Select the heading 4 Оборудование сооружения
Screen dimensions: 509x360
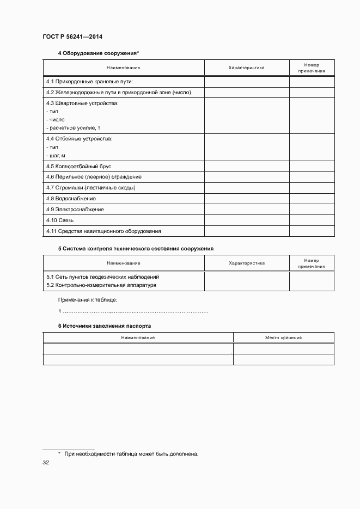coord(99,53)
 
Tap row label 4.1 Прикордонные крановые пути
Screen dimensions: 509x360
coord(90,82)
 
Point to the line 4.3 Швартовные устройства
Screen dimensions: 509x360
coord(82,103)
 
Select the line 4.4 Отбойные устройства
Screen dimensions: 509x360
coord(80,139)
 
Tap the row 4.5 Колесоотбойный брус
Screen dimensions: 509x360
coord(78,166)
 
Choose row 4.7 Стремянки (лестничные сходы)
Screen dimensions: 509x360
coord(90,188)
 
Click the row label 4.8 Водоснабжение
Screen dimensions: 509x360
coord(71,199)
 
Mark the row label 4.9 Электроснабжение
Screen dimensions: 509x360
coord(75,210)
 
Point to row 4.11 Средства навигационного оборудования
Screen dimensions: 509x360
coord(103,231)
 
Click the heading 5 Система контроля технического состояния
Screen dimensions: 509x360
coord(136,248)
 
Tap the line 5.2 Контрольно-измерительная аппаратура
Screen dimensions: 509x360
coord(101,285)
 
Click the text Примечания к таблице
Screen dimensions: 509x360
coord(88,299)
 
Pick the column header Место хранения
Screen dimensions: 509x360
coord(283,338)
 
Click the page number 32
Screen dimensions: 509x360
coord(46,463)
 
